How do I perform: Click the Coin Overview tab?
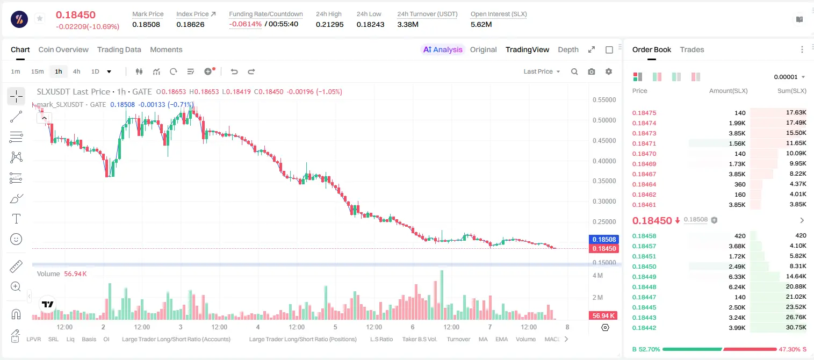click(63, 49)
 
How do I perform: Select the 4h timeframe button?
click(76, 71)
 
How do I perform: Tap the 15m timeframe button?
click(38, 71)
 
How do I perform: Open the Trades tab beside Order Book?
click(692, 49)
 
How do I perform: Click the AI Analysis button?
click(443, 49)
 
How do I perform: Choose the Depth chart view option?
click(568, 49)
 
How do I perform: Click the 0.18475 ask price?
click(644, 113)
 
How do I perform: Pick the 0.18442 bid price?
click(644, 328)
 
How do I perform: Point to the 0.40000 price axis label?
click(604, 161)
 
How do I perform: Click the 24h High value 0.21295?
click(329, 24)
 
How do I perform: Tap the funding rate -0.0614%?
click(246, 24)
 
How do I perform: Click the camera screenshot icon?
click(592, 71)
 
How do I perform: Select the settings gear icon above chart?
click(609, 71)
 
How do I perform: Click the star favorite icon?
click(40, 18)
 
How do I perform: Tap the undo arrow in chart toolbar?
click(234, 71)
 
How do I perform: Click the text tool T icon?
click(16, 219)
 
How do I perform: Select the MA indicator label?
click(483, 339)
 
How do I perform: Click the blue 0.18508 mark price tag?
click(604, 240)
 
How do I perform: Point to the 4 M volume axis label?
click(598, 275)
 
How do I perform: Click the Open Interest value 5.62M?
click(481, 24)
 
